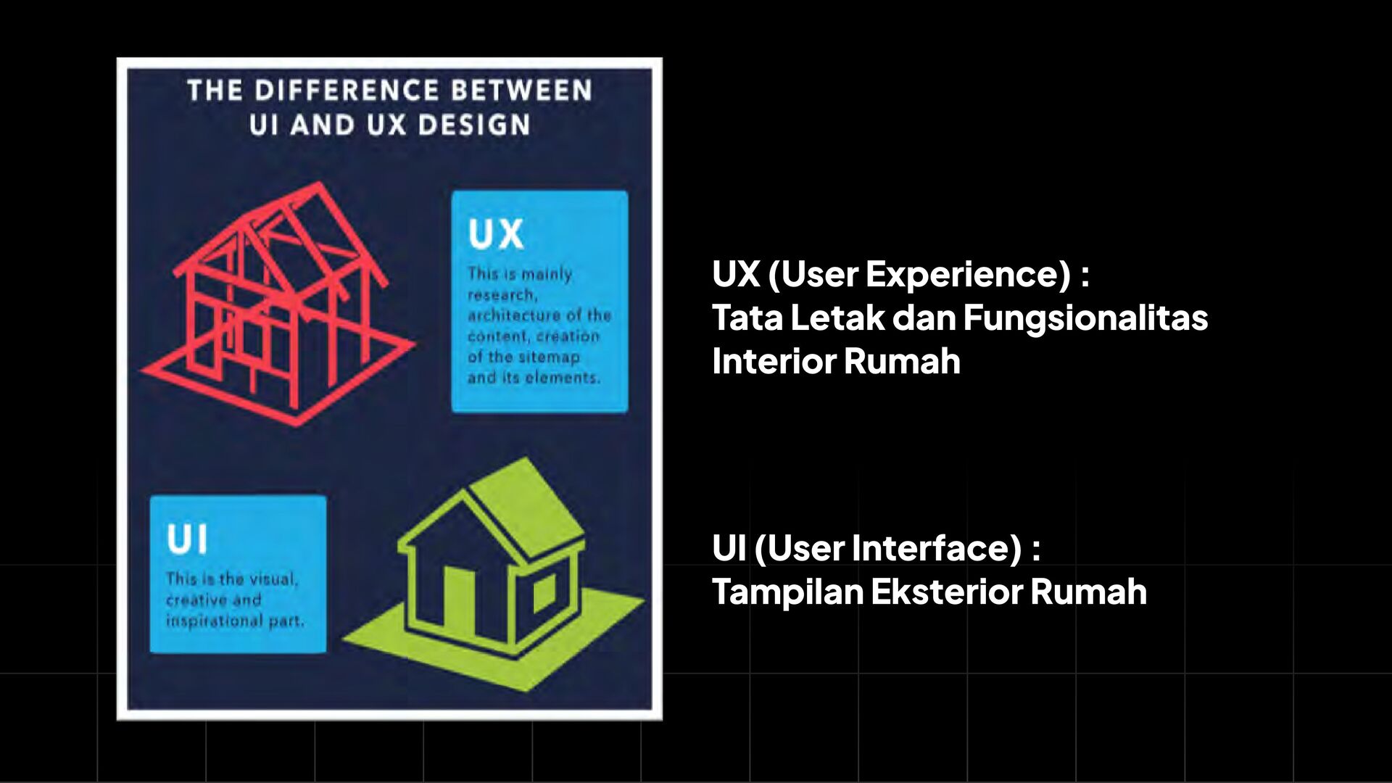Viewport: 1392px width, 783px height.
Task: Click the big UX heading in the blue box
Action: [495, 234]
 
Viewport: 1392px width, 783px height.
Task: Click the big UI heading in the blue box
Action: [186, 540]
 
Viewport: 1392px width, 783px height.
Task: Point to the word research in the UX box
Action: [502, 295]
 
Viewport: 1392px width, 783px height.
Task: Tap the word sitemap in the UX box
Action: [549, 357]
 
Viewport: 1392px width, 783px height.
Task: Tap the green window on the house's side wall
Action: [544, 592]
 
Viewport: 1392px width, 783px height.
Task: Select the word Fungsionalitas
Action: [1085, 318]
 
